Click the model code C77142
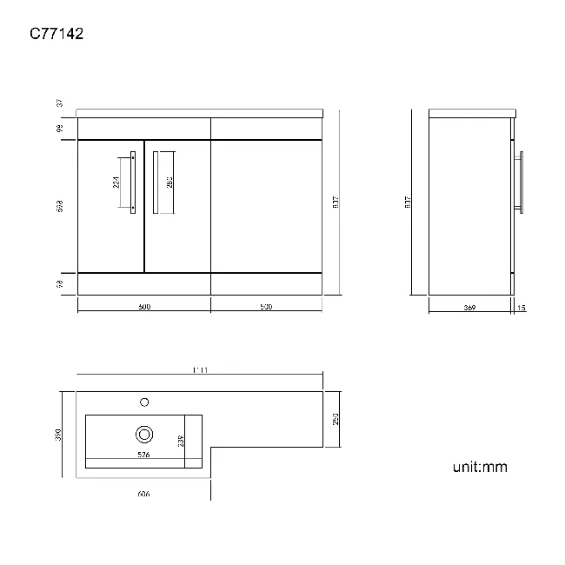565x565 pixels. pos(57,34)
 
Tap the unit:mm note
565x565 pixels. pos(479,468)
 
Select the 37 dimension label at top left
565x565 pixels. pos(60,103)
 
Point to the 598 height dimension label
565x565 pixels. pos(60,207)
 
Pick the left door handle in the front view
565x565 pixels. pos(133,181)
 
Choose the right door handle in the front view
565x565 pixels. pos(155,181)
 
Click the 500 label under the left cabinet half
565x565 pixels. pos(144,307)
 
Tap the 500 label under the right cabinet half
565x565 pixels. pos(266,307)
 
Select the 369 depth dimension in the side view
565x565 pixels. pos(469,307)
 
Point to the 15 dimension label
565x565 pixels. pos(521,307)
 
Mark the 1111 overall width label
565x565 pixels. pos(199,371)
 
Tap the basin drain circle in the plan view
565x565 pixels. pos(144,434)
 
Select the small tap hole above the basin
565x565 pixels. pos(144,402)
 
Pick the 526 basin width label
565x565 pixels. pos(144,454)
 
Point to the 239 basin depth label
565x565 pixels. pos(181,441)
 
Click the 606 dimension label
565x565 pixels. pos(144,494)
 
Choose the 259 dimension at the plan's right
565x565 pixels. pos(336,420)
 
